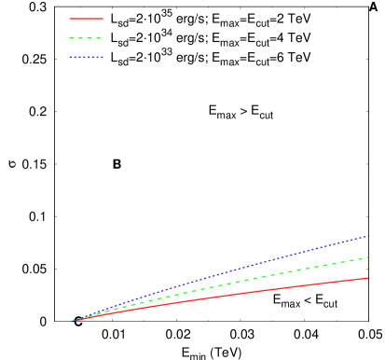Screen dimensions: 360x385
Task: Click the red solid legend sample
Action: [x=86, y=19]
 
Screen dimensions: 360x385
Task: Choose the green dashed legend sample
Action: [x=86, y=38]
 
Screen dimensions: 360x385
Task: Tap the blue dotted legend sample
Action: [x=86, y=58]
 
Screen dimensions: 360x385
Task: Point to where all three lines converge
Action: [x=73, y=321]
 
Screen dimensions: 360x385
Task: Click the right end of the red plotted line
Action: [x=368, y=278]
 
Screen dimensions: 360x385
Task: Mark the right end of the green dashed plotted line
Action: [x=368, y=257]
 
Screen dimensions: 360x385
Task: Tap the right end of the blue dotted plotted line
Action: [x=368, y=236]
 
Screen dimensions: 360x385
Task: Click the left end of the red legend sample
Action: [x=70, y=19]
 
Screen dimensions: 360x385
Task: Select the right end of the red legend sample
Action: [x=103, y=19]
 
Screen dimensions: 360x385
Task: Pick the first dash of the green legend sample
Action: [x=72, y=38]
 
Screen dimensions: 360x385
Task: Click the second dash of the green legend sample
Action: [x=81, y=38]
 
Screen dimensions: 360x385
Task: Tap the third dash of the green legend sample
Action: [x=90, y=38]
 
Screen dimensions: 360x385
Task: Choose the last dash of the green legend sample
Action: [x=99, y=38]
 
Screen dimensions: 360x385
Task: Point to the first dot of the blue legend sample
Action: [x=70, y=58]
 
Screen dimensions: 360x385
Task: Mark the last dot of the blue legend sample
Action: [x=102, y=58]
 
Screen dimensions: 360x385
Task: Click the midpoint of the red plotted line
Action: [x=220, y=299]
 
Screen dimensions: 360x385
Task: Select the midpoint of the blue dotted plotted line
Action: [x=220, y=279]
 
